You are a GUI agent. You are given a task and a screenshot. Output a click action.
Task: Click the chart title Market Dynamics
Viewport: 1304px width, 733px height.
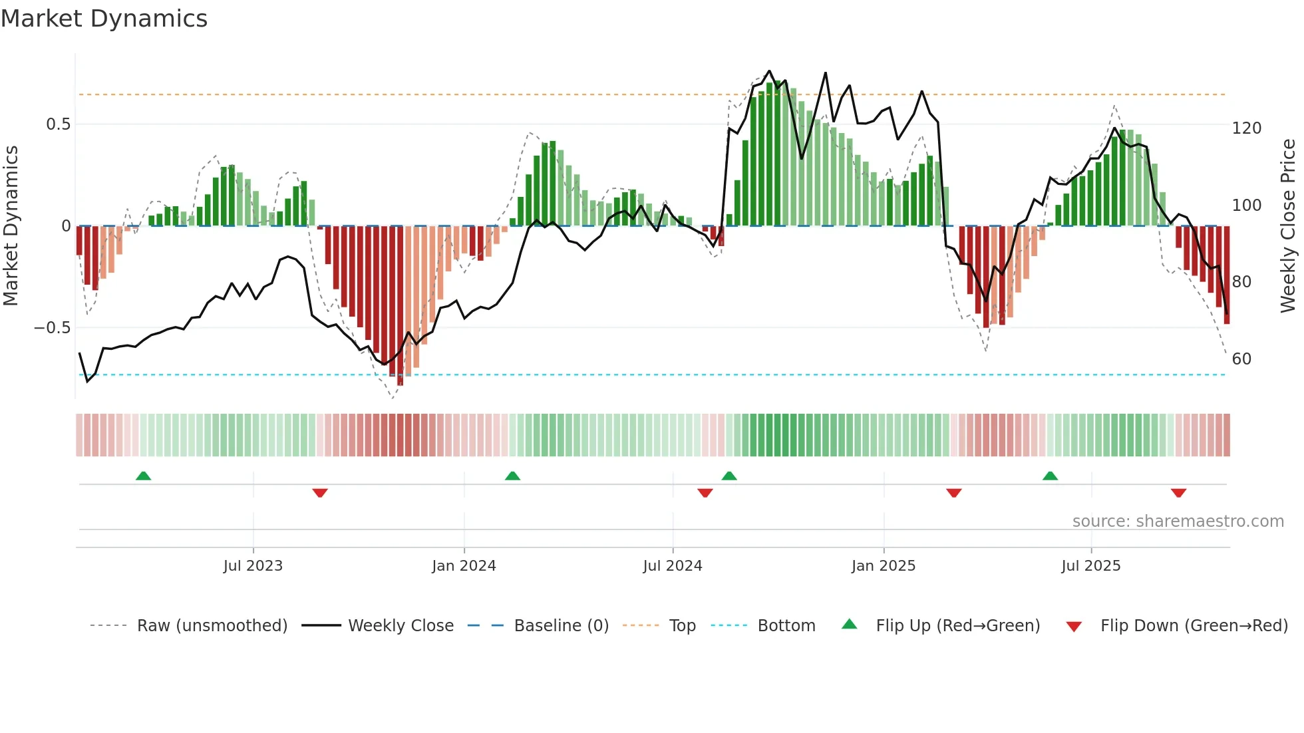coord(104,19)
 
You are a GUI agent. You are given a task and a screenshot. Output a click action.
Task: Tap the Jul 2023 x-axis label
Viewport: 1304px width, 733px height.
coord(253,566)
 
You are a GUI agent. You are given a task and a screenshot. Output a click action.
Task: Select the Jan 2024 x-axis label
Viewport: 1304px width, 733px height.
coord(464,566)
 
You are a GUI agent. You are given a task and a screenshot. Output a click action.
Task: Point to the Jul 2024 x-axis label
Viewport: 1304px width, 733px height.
coord(673,566)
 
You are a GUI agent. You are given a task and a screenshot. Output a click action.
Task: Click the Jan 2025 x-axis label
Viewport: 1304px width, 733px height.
coord(884,566)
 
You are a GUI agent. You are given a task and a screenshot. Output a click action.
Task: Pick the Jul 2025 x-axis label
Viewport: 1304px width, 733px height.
coord(1091,566)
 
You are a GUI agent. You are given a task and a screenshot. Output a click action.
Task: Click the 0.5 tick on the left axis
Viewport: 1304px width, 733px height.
coord(58,124)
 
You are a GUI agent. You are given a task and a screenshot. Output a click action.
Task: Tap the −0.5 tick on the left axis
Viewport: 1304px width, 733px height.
coord(52,328)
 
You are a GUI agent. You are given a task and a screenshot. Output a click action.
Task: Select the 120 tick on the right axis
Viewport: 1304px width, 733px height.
coord(1246,128)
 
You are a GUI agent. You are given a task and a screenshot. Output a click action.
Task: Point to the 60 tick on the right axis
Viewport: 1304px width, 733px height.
coord(1241,359)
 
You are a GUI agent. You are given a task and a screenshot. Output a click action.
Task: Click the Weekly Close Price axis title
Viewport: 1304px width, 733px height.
coord(1288,226)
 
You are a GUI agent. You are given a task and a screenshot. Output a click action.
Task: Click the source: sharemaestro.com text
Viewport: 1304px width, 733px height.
coord(1178,521)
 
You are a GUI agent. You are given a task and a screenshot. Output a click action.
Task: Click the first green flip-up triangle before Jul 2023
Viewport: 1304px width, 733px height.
coord(143,476)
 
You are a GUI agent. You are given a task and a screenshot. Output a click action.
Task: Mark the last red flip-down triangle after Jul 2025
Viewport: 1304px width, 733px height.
coord(1178,493)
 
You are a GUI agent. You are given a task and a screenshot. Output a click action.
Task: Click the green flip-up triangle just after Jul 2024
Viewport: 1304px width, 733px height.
coord(729,476)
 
